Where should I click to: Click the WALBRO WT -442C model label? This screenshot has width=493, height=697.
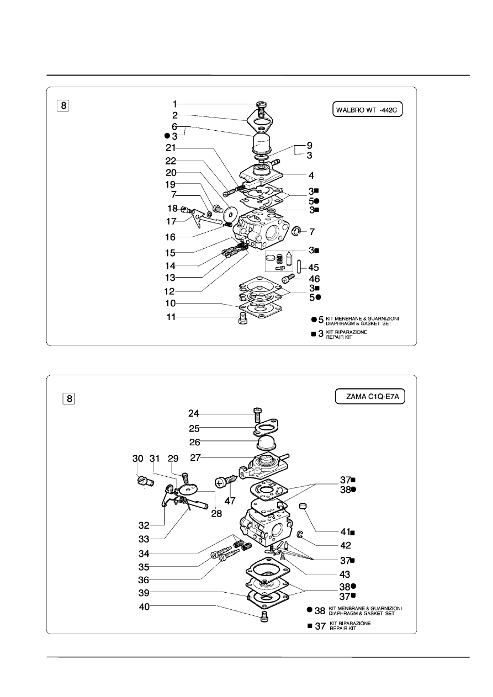tap(368, 110)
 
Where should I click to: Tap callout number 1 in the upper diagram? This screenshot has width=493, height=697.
tap(175, 104)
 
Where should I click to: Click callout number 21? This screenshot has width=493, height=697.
tap(171, 148)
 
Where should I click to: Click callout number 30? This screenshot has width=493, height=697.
tap(138, 459)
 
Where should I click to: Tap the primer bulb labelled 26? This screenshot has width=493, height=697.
tap(266, 444)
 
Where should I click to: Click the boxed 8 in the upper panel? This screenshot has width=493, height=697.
tap(63, 104)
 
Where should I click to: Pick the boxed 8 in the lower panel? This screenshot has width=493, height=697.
tap(70, 398)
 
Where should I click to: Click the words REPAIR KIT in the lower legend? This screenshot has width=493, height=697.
tap(348, 629)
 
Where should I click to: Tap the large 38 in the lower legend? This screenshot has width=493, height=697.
tap(320, 611)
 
